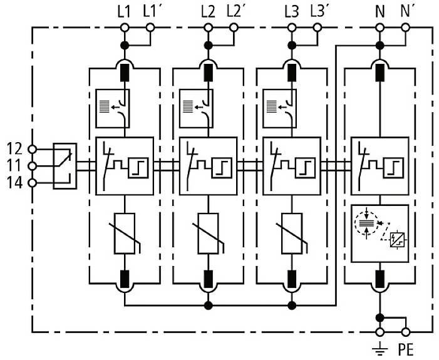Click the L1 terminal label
[x=123, y=11]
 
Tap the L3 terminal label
[x=291, y=11]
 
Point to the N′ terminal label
[x=406, y=11]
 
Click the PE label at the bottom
[x=405, y=349]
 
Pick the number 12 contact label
[x=14, y=149]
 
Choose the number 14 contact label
[x=14, y=182]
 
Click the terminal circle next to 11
[x=33, y=166]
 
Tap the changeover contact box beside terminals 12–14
[x=65, y=166]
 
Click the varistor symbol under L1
[x=125, y=234]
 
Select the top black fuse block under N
[x=379, y=73]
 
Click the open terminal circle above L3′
[x=318, y=28]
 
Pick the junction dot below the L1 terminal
[x=125, y=45]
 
